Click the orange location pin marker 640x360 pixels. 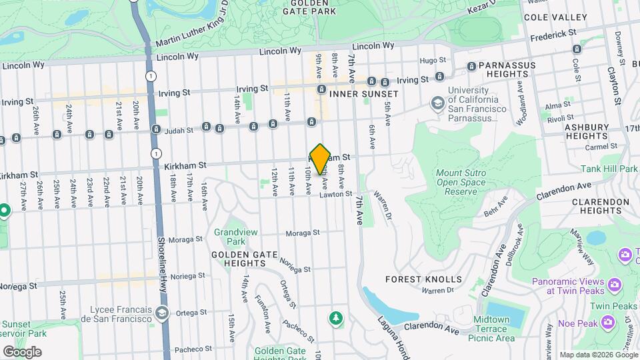(x=321, y=159)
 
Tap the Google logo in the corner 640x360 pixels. (x=22, y=352)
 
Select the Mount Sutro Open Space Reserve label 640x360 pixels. (x=458, y=182)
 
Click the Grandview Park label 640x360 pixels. (x=231, y=237)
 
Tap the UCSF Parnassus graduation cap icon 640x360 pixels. (x=437, y=103)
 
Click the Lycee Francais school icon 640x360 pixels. (x=161, y=313)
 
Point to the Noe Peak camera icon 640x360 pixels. (x=607, y=323)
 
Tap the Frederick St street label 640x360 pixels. (x=553, y=34)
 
